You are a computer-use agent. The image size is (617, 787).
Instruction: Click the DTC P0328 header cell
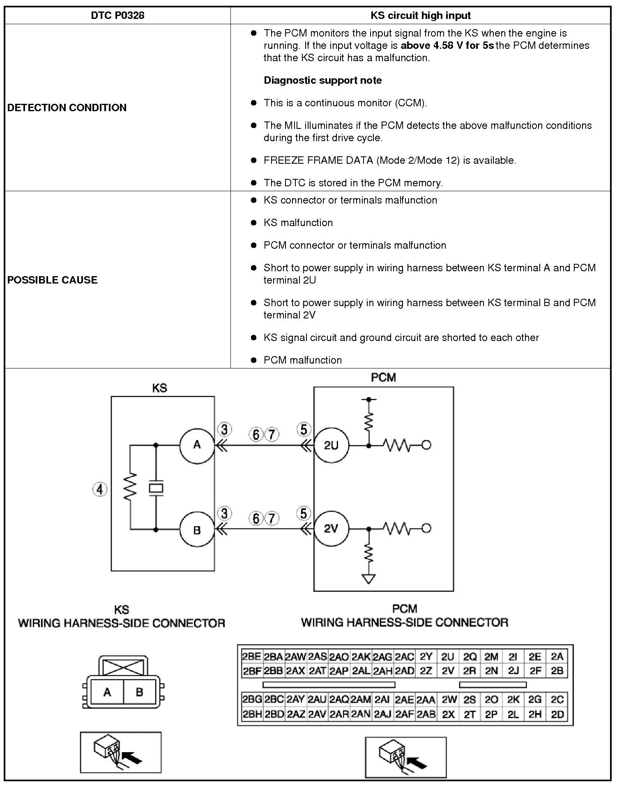pyautogui.click(x=117, y=16)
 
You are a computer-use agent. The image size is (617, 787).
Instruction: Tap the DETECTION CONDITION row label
pyautogui.click(x=67, y=108)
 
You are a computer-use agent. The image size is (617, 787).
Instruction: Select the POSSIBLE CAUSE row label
pyautogui.click(x=53, y=280)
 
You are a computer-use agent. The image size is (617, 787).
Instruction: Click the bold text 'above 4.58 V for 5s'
pyautogui.click(x=447, y=46)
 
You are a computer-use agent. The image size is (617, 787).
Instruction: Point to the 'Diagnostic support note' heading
pyautogui.click(x=322, y=80)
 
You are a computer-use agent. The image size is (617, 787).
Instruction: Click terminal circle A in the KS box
pyautogui.click(x=197, y=445)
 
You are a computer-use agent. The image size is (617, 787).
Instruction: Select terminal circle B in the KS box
pyautogui.click(x=197, y=530)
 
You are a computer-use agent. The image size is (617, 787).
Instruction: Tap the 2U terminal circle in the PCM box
pyautogui.click(x=331, y=445)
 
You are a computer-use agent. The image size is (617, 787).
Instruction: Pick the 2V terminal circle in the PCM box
pyautogui.click(x=331, y=528)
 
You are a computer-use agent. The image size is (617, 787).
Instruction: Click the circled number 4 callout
pyautogui.click(x=100, y=489)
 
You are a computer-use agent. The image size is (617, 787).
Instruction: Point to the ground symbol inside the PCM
pyautogui.click(x=368, y=579)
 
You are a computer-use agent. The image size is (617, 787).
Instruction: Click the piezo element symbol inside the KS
pyautogui.click(x=156, y=488)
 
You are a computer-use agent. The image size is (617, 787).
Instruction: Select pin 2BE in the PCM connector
pyautogui.click(x=251, y=657)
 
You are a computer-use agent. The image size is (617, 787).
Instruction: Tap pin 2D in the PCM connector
pyautogui.click(x=557, y=714)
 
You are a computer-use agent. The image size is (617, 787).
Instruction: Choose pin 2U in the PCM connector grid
pyautogui.click(x=447, y=657)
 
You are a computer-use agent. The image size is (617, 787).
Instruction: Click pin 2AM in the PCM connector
pyautogui.click(x=361, y=700)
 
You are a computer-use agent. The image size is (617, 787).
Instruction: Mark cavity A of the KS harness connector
pyautogui.click(x=107, y=692)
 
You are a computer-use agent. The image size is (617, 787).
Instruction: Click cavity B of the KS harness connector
pyautogui.click(x=139, y=692)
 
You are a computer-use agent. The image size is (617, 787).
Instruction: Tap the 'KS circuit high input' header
pyautogui.click(x=420, y=16)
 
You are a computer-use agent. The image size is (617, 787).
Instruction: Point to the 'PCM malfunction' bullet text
pyautogui.click(x=302, y=360)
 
